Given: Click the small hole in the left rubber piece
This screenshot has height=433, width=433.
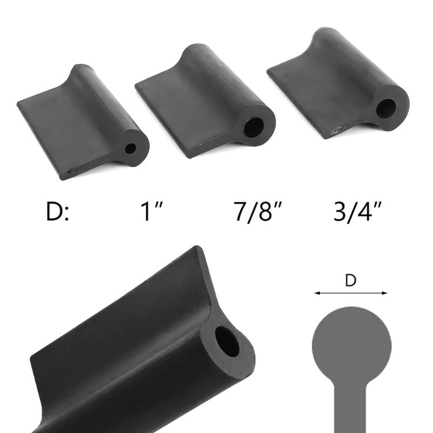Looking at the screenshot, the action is (130, 149).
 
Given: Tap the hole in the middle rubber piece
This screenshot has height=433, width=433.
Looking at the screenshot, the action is (253, 127).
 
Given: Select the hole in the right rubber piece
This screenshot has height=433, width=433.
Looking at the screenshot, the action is (386, 108).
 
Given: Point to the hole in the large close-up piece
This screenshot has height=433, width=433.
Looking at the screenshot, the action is (227, 342).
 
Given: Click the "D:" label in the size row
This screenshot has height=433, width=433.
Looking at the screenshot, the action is (57, 212).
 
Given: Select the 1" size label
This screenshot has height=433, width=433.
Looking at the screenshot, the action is (152, 212).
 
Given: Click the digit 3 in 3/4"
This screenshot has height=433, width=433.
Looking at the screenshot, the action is (340, 212).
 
